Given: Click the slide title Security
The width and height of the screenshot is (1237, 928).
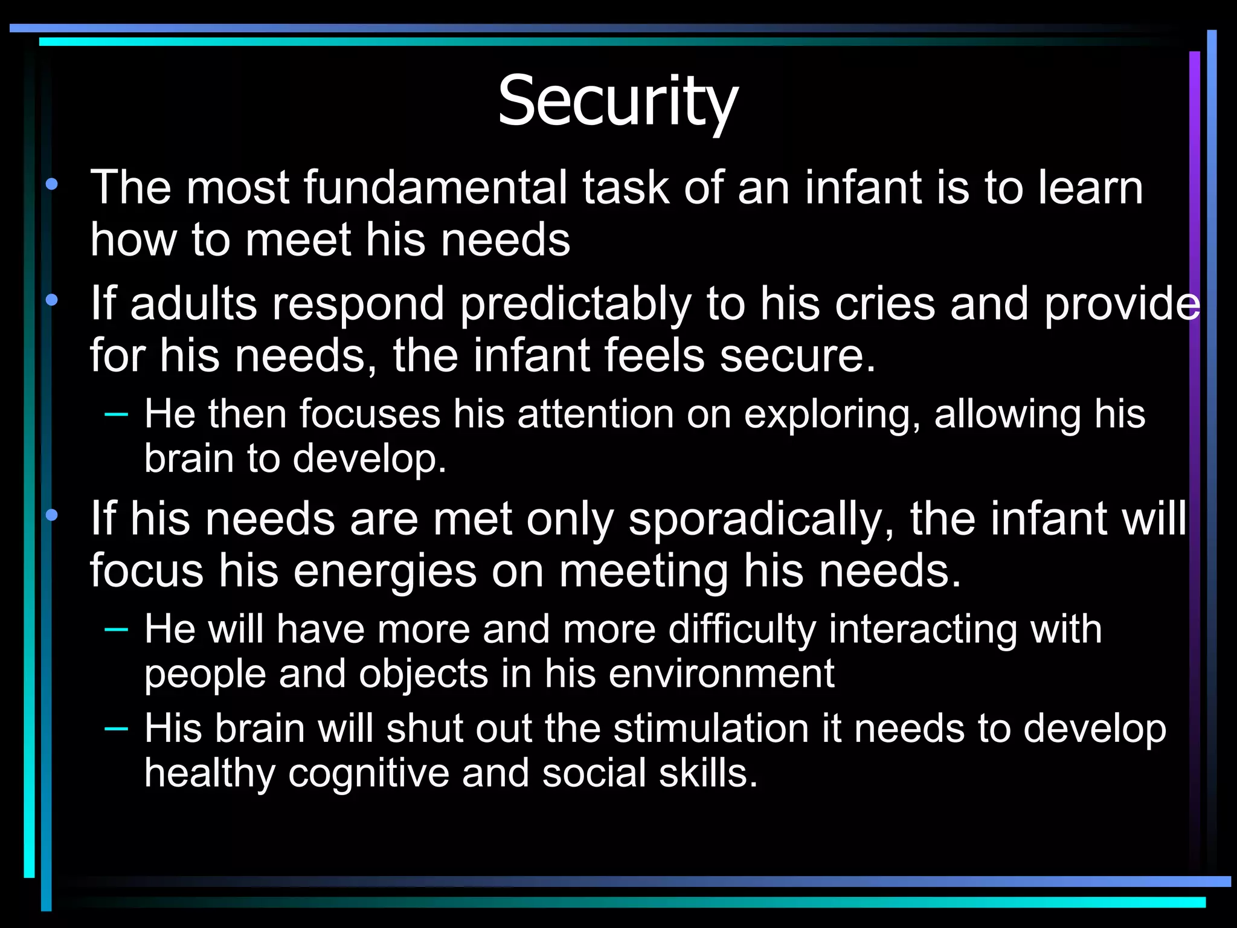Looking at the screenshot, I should [617, 101].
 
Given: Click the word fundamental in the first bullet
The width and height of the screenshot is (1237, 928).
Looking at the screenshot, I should [435, 187].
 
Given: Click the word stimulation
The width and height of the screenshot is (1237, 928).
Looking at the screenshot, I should [711, 729].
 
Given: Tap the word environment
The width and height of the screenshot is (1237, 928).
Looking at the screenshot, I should [721, 674].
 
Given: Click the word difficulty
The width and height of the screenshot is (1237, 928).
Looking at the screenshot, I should [742, 630].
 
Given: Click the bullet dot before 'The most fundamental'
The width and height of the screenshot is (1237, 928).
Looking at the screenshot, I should [52, 184].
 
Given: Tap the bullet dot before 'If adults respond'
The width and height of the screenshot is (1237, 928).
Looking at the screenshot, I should [52, 300].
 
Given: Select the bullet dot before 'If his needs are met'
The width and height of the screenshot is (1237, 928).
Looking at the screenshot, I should [52, 515].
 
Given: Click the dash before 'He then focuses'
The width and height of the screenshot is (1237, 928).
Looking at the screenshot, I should [116, 414].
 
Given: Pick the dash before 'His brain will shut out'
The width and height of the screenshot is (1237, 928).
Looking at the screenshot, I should [116, 729].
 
